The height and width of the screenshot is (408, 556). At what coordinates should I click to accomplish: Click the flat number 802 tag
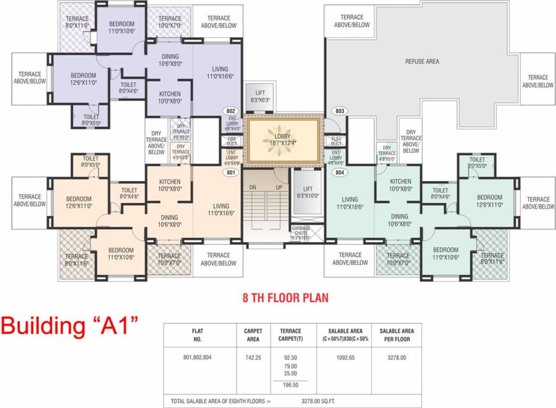click(x=231, y=111)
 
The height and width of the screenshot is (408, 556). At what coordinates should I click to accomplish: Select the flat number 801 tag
click(x=231, y=172)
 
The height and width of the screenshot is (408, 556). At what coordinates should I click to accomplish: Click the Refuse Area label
click(x=422, y=62)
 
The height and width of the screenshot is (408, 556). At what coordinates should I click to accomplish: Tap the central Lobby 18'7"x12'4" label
click(x=282, y=139)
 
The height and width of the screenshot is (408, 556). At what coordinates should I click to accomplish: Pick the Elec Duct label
click(x=336, y=141)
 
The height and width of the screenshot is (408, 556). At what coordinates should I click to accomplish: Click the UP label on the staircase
click(x=278, y=188)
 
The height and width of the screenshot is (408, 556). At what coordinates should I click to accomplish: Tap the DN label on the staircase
click(x=253, y=188)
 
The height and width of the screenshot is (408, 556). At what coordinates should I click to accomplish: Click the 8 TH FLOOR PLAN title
click(x=285, y=297)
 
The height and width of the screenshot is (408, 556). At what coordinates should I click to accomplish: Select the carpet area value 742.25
click(x=253, y=358)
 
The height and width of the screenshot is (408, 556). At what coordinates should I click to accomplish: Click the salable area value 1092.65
click(x=343, y=358)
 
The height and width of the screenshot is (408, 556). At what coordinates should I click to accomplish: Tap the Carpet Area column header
click(x=253, y=335)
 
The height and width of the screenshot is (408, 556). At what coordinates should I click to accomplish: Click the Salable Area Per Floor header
click(x=396, y=335)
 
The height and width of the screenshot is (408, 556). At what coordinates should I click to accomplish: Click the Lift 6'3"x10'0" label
click(x=308, y=192)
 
